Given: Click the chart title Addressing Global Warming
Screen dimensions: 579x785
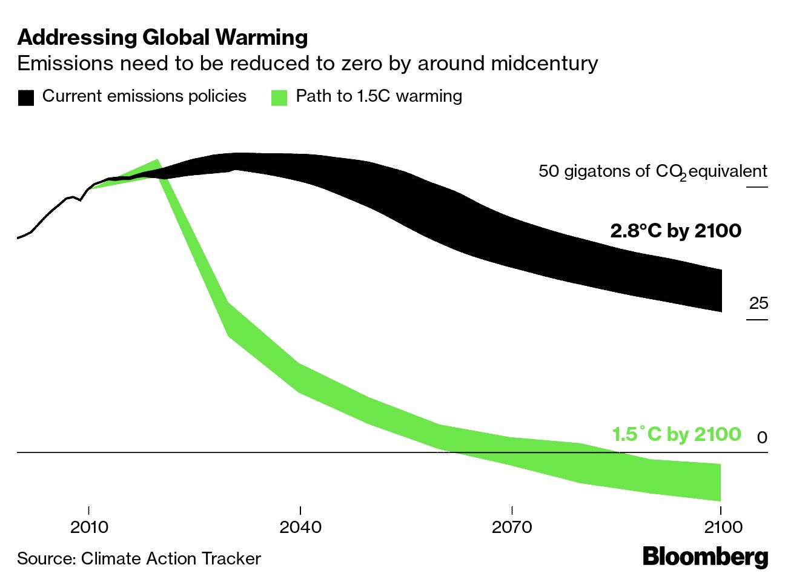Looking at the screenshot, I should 162,38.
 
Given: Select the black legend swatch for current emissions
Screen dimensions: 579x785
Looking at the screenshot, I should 26,98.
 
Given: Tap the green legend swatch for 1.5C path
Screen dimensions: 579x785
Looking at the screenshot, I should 279,98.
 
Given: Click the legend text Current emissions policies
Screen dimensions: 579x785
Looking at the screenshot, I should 144,96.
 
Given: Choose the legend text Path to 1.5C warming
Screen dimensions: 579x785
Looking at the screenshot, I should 379,96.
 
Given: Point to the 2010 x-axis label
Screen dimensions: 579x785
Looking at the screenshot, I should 89,527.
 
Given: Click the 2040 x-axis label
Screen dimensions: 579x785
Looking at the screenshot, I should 300,527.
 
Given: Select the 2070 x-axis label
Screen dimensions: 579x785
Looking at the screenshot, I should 512,527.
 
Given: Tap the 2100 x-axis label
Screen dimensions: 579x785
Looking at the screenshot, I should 723,527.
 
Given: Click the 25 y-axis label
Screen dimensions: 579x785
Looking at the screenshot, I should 758,303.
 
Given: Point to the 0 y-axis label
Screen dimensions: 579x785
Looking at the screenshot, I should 762,437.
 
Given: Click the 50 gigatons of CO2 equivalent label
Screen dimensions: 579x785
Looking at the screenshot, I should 652,171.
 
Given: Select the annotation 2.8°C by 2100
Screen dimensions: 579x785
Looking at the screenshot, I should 675,231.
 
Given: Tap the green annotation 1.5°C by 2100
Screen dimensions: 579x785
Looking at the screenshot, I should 676,434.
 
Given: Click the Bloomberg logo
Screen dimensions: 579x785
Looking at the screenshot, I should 705,557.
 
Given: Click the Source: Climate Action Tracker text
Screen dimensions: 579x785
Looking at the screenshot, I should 139,558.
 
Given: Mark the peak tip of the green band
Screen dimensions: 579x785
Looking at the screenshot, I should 157,161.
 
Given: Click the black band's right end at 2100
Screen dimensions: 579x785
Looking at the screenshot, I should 721,291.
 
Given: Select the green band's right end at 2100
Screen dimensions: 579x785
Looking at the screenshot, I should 720,483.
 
